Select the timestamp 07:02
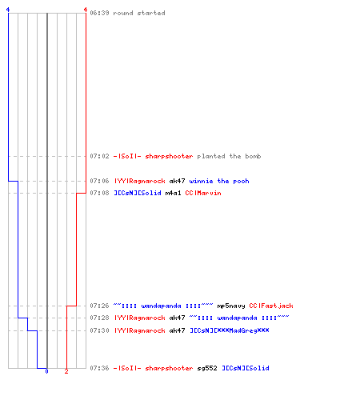click(x=99, y=156)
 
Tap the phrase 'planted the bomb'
click(x=229, y=156)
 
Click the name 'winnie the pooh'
click(x=219, y=181)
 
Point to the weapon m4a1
click(x=173, y=193)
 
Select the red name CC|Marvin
click(x=203, y=193)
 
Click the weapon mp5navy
click(x=231, y=306)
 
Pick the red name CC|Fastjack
click(x=271, y=306)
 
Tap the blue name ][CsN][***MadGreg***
click(x=230, y=330)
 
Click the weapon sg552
click(x=207, y=368)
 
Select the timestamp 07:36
click(x=99, y=368)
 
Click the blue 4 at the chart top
click(x=8, y=10)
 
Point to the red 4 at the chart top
click(x=86, y=10)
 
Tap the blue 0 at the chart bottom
click(x=46, y=371)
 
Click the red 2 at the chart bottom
click(x=66, y=371)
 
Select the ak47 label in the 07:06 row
click(x=177, y=181)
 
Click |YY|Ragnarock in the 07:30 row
click(x=140, y=330)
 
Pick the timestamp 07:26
click(x=99, y=306)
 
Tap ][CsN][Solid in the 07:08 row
click(x=138, y=193)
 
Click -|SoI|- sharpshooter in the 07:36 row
click(x=154, y=368)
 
